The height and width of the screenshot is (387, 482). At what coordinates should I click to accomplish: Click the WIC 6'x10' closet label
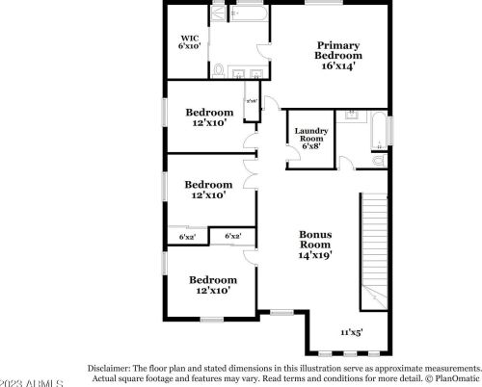pyautogui.click(x=188, y=41)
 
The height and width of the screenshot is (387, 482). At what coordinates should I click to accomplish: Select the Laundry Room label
pyautogui.click(x=311, y=136)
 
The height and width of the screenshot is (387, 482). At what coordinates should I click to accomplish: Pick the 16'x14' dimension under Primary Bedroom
pyautogui.click(x=338, y=66)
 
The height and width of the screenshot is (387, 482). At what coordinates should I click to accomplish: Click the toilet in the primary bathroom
pyautogui.click(x=220, y=69)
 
